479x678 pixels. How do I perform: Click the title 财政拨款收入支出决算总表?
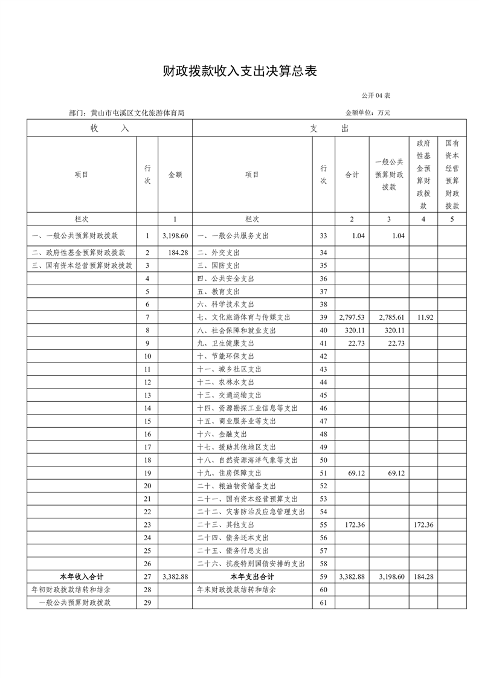(x=240, y=71)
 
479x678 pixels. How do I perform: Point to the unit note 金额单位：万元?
(x=367, y=112)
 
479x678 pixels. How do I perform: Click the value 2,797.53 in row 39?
(x=351, y=317)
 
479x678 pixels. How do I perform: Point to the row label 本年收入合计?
(x=82, y=576)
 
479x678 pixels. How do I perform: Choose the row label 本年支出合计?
(x=251, y=576)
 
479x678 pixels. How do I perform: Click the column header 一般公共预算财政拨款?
(x=388, y=174)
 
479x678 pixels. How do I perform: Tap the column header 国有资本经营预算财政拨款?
(x=452, y=174)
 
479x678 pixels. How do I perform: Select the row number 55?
(x=323, y=525)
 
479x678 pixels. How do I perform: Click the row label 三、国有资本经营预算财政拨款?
(x=82, y=265)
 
